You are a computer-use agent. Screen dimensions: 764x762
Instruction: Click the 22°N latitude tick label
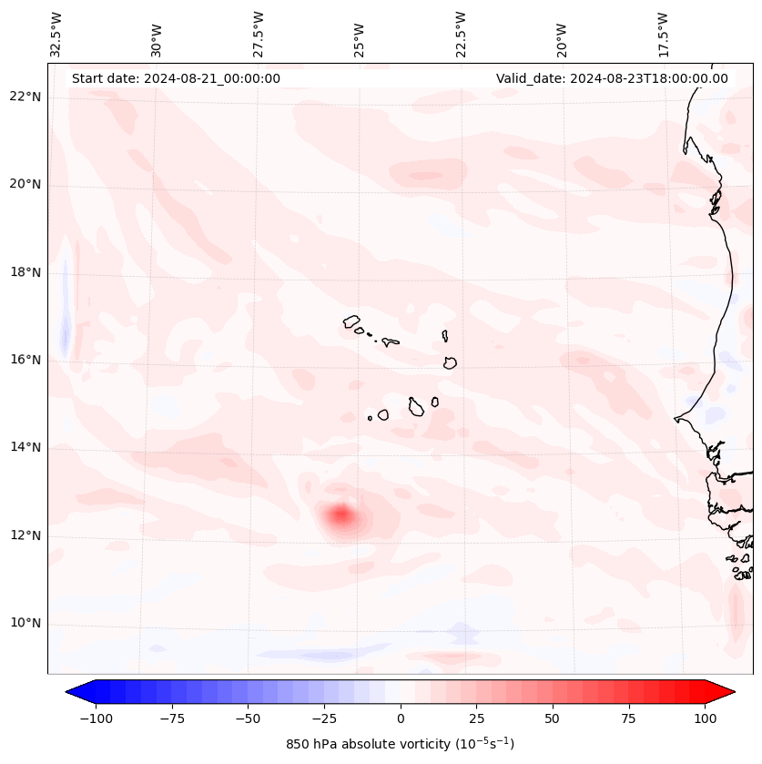pos(26,97)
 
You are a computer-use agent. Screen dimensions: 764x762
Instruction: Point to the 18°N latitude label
pos(26,273)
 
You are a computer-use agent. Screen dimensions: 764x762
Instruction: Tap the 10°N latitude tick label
pos(26,624)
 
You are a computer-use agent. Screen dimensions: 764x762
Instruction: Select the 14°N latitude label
pos(26,448)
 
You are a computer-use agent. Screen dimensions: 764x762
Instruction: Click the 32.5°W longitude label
pos(57,35)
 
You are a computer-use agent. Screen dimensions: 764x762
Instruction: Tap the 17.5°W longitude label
pos(662,35)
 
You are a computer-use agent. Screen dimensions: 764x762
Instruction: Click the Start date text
pos(176,78)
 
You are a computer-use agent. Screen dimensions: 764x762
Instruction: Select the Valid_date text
pos(612,78)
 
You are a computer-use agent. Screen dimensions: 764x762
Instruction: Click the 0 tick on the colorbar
pos(401,718)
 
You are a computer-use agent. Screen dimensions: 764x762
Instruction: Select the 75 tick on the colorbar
pos(629,718)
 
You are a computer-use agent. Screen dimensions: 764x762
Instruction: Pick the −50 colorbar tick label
pos(249,718)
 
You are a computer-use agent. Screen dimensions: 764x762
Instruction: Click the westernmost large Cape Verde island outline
pos(351,321)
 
